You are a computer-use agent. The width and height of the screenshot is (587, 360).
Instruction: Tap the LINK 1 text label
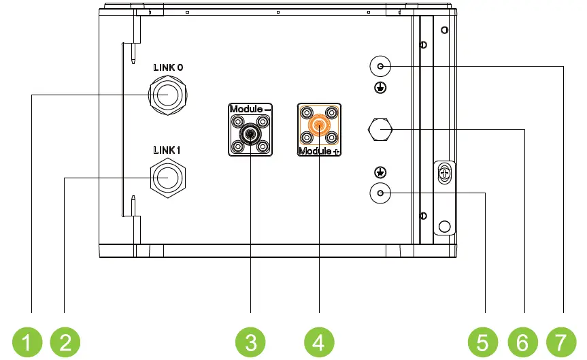click(167, 150)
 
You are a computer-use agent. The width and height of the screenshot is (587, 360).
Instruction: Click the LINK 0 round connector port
click(167, 95)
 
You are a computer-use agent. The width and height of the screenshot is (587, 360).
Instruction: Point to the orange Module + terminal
click(318, 126)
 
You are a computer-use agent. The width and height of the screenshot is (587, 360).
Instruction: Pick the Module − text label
click(250, 109)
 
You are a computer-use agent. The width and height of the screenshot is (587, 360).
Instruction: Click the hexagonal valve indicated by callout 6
click(381, 128)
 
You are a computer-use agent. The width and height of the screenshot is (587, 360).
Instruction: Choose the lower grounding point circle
click(380, 194)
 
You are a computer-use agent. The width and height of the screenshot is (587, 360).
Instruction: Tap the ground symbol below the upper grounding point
click(381, 87)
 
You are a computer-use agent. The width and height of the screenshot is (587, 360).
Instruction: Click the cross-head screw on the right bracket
click(443, 174)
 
